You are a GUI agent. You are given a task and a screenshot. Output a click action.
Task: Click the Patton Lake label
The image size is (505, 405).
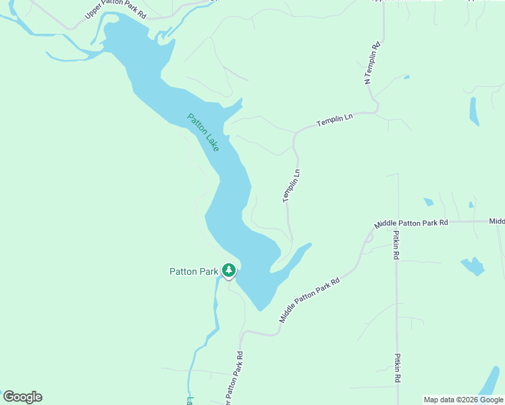pyautogui.click(x=203, y=132)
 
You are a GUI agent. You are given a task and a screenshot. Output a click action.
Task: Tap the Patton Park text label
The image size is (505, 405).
pyautogui.click(x=194, y=272)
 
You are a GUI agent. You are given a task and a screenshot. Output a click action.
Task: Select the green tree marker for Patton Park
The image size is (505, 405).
pyautogui.click(x=229, y=271)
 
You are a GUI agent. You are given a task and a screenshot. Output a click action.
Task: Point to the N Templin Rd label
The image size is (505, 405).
pyautogui.click(x=372, y=63)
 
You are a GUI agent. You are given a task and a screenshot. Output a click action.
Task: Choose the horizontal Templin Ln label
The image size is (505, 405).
pyautogui.click(x=335, y=121)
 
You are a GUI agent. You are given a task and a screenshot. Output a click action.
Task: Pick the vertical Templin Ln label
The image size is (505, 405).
pyautogui.click(x=291, y=186)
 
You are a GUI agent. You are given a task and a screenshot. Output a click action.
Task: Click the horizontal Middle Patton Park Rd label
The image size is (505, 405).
pyautogui.click(x=411, y=223)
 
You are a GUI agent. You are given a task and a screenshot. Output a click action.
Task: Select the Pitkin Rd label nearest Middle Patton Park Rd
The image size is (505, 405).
pyautogui.click(x=397, y=246)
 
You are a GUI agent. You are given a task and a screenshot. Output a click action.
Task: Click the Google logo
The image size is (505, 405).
pyautogui.click(x=22, y=397)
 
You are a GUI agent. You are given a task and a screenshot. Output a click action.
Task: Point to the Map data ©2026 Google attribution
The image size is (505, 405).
pyautogui.click(x=463, y=400)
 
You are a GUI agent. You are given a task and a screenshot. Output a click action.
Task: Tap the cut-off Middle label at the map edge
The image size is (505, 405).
pyautogui.click(x=497, y=221)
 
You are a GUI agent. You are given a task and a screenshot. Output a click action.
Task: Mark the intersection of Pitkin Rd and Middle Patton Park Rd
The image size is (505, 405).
pyautogui.click(x=397, y=222)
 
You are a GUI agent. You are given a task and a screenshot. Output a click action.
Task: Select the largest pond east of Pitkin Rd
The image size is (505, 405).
pyautogui.click(x=473, y=265)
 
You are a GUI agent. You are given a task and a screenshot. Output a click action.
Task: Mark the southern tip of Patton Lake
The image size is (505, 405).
pyautogui.click(x=259, y=310)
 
